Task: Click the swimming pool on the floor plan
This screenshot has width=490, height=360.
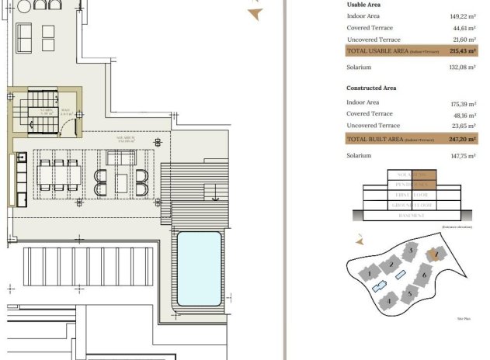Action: click(x=199, y=268)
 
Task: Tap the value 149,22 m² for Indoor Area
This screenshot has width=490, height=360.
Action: click(x=460, y=16)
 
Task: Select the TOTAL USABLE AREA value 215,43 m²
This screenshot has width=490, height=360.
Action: click(x=460, y=50)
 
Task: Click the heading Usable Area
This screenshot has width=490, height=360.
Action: click(x=363, y=4)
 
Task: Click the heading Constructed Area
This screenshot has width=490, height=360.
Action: click(x=371, y=88)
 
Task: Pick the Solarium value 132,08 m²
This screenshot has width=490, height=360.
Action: click(x=460, y=67)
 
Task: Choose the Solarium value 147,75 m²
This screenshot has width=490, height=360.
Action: click(x=460, y=155)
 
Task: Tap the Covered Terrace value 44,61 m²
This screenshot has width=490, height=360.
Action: click(x=462, y=28)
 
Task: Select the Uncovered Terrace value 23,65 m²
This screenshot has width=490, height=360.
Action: click(x=462, y=125)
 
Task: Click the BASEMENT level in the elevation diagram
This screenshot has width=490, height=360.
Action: click(x=411, y=216)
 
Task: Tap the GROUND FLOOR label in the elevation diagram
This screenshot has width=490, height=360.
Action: click(x=411, y=206)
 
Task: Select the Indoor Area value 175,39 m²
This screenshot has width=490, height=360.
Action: click(x=460, y=102)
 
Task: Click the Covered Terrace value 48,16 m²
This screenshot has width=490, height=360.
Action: click(x=462, y=114)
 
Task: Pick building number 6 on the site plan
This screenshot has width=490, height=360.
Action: click(x=424, y=274)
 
